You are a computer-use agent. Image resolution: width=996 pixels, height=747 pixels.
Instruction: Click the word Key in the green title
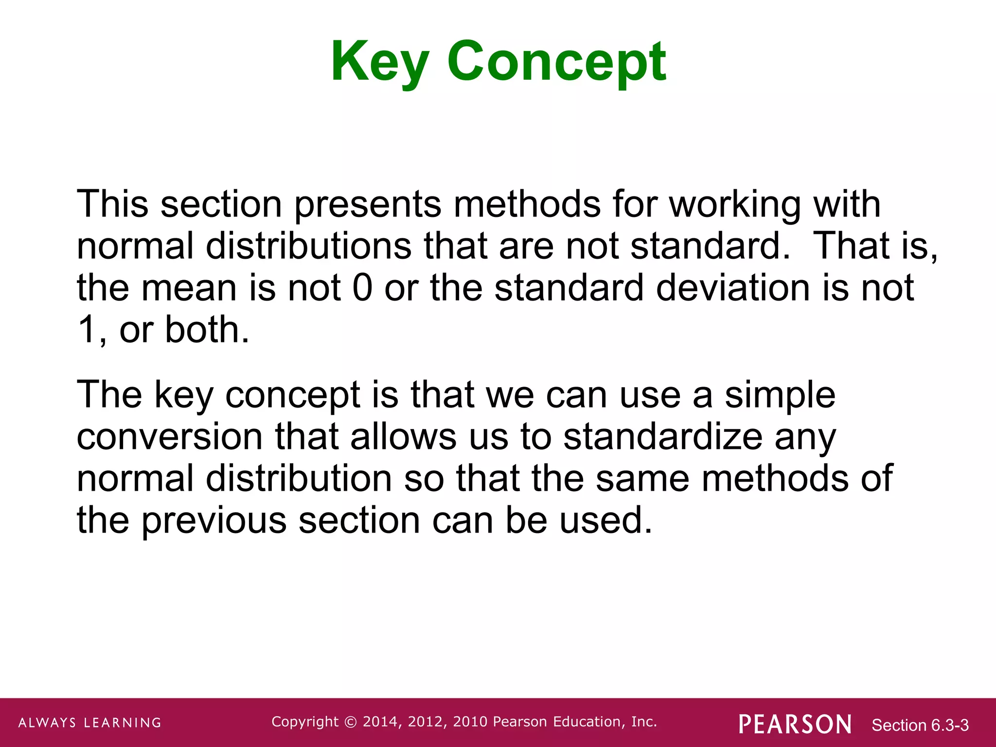[x=380, y=62]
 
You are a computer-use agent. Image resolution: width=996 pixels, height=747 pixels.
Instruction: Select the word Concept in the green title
[x=556, y=62]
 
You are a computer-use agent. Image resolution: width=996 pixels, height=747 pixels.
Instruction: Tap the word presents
[x=368, y=204]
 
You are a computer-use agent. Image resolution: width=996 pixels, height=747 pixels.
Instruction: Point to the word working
[x=735, y=204]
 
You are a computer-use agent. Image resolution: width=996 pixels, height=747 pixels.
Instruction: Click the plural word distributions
[x=308, y=246]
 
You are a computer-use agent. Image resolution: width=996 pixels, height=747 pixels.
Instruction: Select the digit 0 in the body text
[x=362, y=288]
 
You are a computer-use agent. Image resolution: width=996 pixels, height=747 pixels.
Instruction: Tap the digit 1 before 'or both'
[x=88, y=330]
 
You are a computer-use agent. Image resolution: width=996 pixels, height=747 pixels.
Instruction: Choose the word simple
[x=780, y=395]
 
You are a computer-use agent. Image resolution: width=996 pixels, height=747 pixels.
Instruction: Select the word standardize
[x=662, y=437]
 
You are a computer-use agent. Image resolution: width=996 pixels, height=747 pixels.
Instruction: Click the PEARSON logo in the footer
[x=795, y=724]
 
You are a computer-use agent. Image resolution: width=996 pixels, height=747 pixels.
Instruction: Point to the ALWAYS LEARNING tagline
[x=90, y=723]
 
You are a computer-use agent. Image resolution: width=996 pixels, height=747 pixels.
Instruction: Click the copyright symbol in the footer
[x=350, y=722]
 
